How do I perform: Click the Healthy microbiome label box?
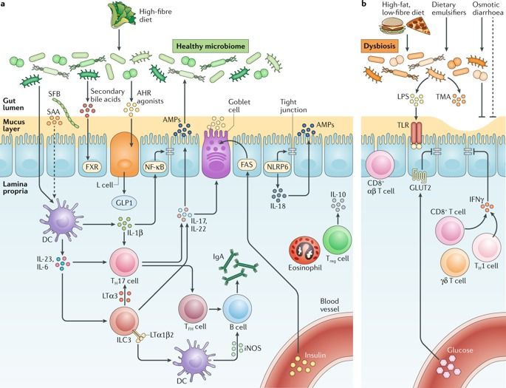click(211, 47)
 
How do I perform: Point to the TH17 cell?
click(123, 262)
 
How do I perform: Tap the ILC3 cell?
click(123, 323)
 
